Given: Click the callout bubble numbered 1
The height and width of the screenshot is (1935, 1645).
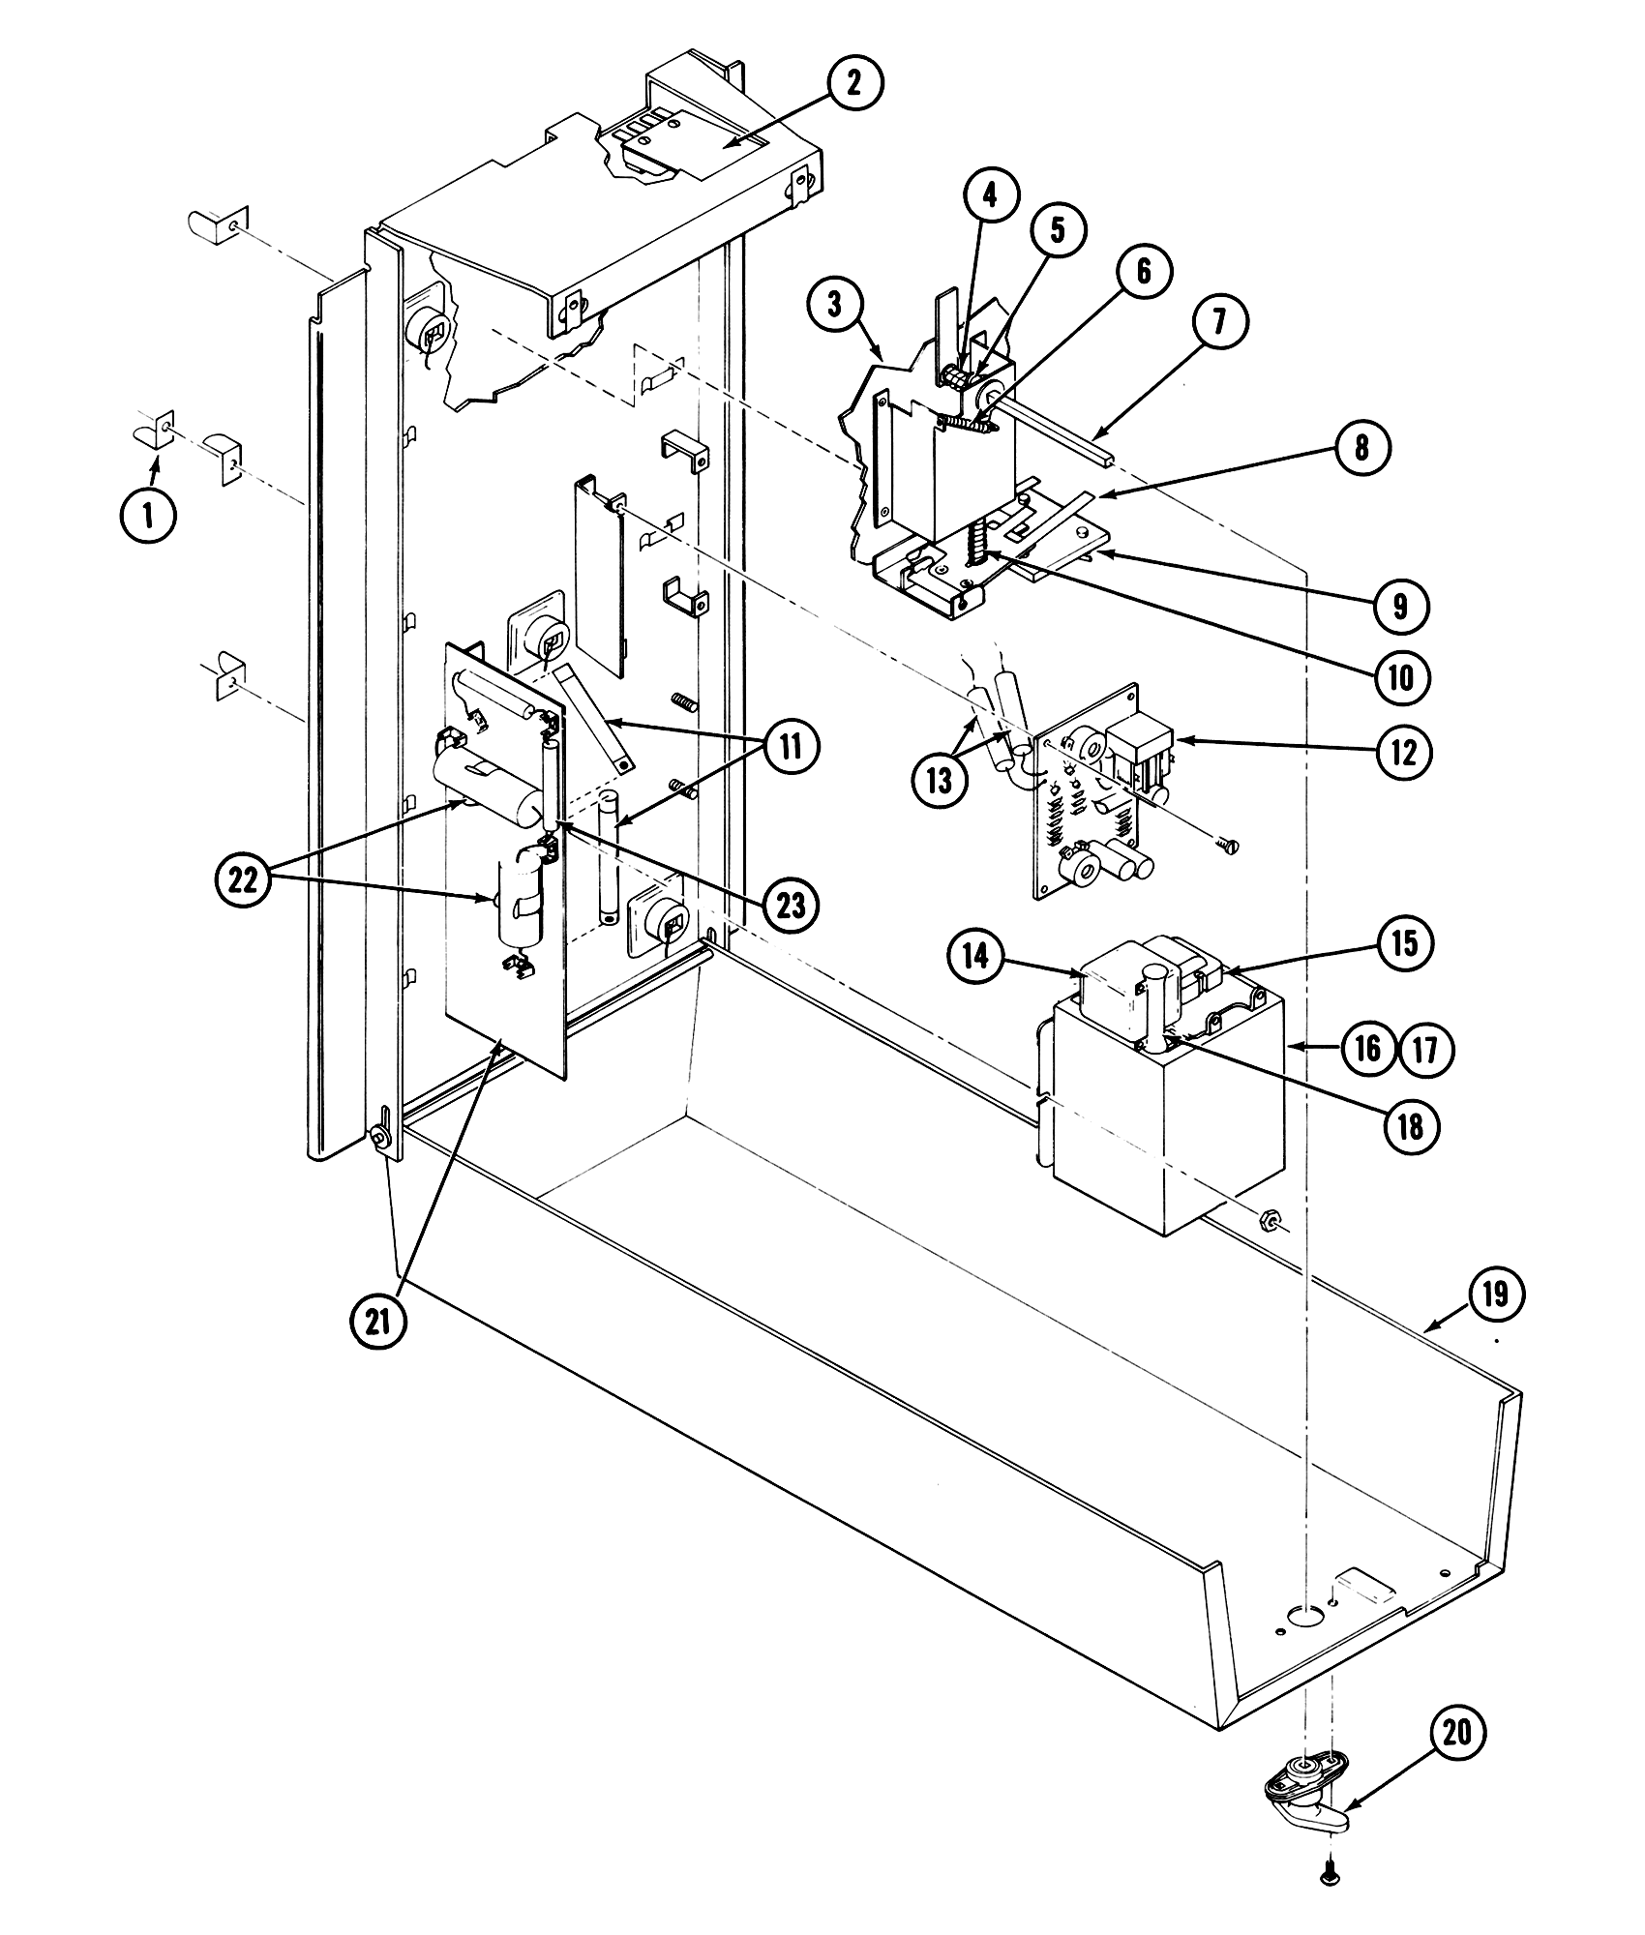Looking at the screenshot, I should pos(148,516).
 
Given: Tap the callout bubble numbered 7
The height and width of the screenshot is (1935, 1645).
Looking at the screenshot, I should pos(1218,321).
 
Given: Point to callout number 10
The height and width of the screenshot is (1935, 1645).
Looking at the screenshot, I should pos(1400,677).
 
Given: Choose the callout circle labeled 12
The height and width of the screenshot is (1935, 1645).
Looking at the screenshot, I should pos(1404,751).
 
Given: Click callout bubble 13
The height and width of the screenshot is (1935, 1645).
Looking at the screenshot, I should pos(940,779).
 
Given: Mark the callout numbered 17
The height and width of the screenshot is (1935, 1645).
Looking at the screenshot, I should pos(1426,1049).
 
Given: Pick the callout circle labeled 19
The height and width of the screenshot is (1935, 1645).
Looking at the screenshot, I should pos(1496,1294).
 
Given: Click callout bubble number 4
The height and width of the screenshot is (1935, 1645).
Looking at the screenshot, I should pos(989,196).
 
